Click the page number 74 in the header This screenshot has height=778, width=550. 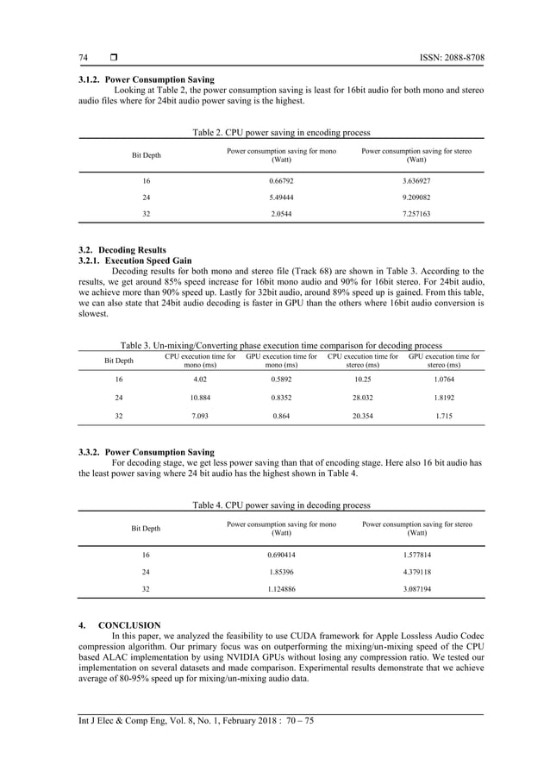point(84,58)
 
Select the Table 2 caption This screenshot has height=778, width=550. point(281,133)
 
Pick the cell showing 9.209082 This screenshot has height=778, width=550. point(416,198)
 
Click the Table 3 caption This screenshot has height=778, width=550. point(281,343)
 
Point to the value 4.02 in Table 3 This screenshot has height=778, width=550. point(200,379)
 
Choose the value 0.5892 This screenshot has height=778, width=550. point(281,379)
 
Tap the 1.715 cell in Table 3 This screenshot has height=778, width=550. point(445,417)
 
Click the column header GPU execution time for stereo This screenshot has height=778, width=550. point(445,361)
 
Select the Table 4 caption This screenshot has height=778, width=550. point(281,505)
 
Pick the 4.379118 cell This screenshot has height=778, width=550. point(416,571)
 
